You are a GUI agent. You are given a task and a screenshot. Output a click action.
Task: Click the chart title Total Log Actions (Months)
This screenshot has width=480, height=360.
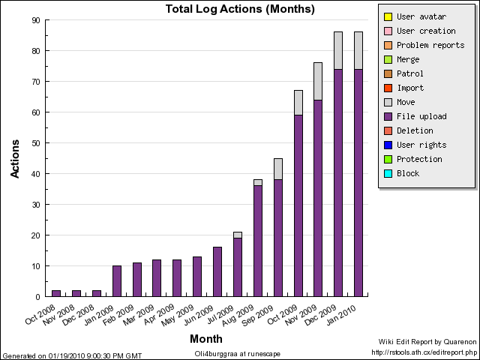click(240, 10)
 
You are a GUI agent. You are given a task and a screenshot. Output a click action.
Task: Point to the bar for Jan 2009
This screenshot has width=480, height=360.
click(116, 281)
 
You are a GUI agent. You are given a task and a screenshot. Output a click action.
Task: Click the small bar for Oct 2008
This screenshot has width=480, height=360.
click(56, 293)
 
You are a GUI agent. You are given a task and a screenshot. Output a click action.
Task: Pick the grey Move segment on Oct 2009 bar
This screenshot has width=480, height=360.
click(298, 103)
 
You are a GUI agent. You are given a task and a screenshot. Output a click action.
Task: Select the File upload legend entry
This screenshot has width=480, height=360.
click(421, 116)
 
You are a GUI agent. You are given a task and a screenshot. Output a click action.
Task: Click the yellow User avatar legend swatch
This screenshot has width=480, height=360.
click(387, 16)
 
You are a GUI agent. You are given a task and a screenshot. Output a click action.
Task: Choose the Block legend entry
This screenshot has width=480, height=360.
click(408, 173)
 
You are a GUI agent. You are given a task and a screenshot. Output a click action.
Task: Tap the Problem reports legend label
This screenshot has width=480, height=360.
click(430, 45)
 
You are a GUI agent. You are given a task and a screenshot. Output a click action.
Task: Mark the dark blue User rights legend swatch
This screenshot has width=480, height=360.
click(387, 145)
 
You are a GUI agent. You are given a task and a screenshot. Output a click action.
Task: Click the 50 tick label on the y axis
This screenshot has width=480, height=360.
click(36, 143)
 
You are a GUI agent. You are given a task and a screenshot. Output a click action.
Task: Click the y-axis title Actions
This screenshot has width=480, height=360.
click(15, 157)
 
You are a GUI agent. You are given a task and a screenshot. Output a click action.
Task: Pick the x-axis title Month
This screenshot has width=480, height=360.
click(205, 339)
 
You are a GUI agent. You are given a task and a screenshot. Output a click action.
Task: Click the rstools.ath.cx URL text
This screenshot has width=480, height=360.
click(424, 351)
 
